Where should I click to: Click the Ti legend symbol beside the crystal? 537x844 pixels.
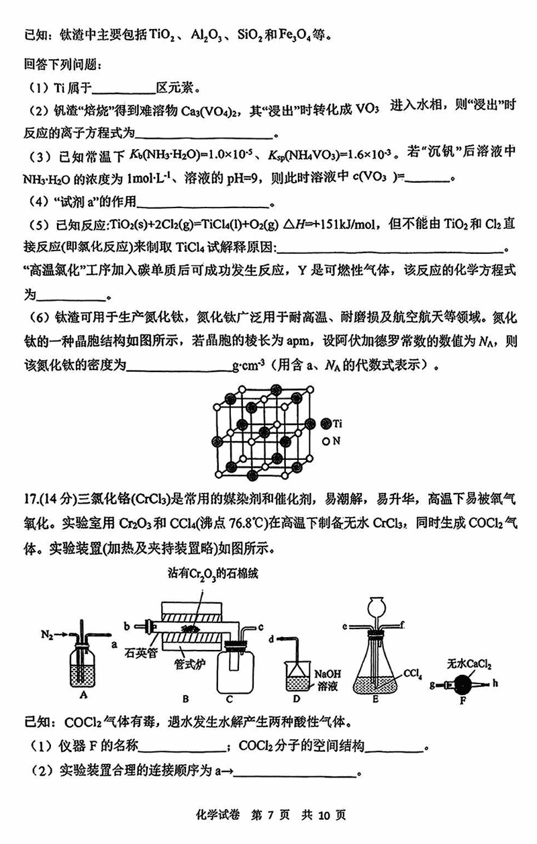326,423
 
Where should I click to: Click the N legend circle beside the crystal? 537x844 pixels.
326,442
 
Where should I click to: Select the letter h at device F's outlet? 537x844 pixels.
497,686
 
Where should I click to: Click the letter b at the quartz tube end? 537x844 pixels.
126,626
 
